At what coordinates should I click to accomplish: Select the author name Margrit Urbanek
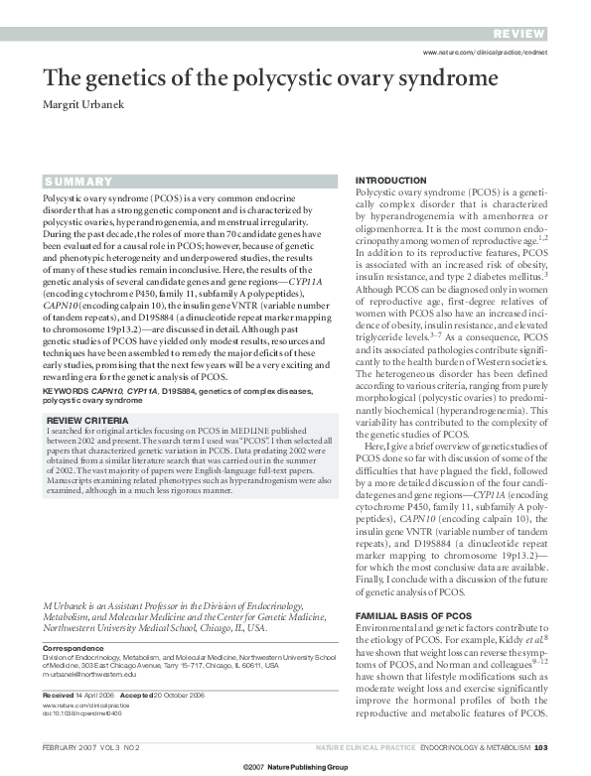tap(88, 106)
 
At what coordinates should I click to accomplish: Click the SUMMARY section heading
tap(77, 183)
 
